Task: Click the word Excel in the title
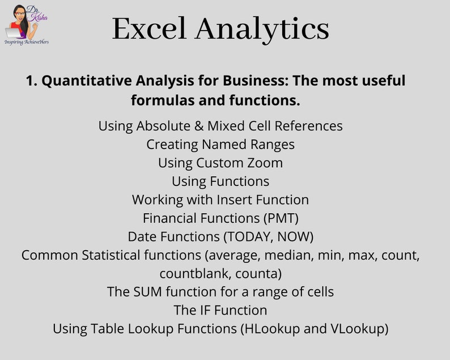coord(149,28)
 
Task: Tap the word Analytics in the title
coord(262,30)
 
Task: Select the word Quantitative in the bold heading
coord(87,81)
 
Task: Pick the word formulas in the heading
coord(162,100)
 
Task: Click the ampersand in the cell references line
coord(199,126)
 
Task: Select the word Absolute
coord(163,126)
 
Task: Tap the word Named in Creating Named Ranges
coord(224,145)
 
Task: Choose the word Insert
coord(234,200)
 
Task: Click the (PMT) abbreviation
coord(281,218)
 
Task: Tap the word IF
coord(205,310)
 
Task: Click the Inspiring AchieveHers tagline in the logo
coord(27,42)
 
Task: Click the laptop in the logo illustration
coord(13,33)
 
